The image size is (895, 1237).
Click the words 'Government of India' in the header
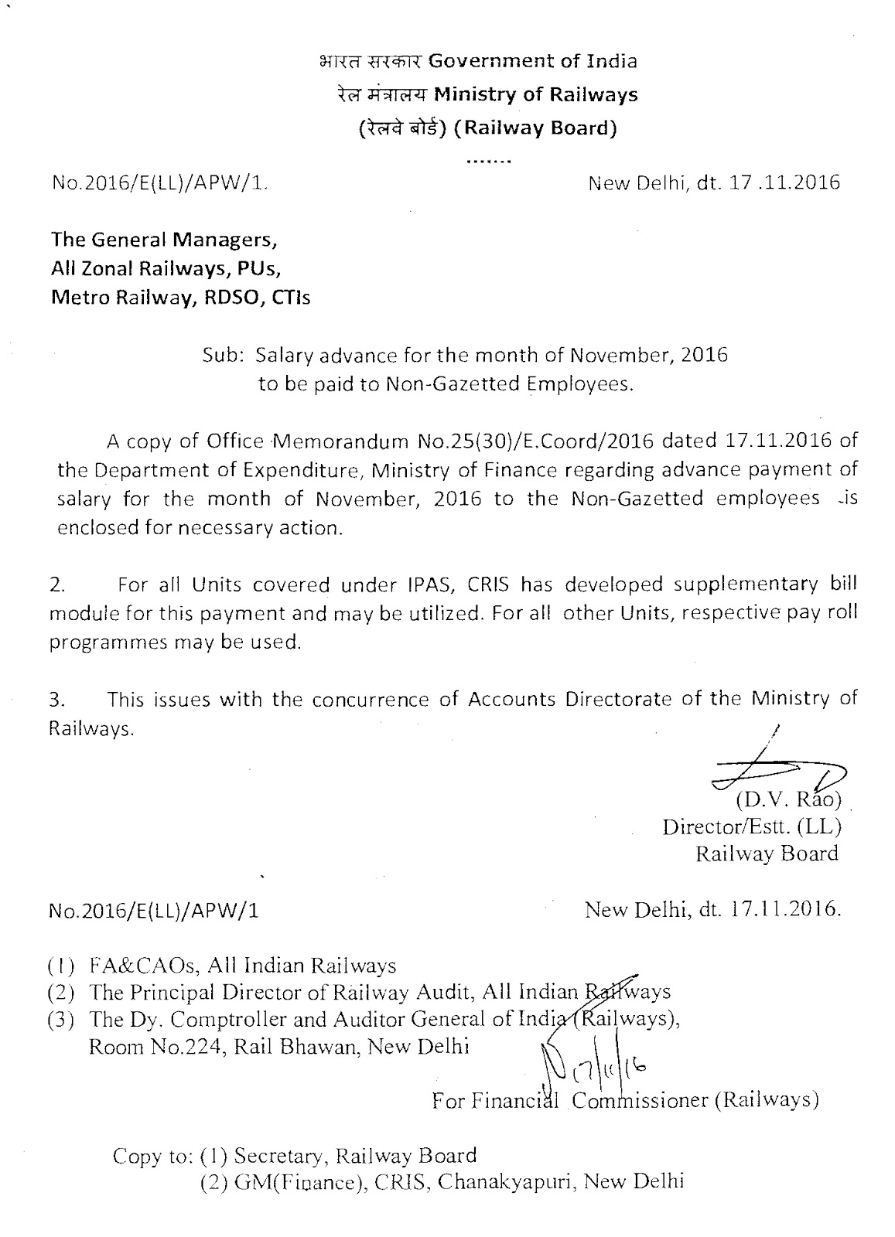click(x=533, y=60)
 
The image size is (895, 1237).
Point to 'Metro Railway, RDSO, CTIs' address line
click(x=180, y=298)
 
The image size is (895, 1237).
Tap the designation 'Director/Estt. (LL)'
click(x=751, y=826)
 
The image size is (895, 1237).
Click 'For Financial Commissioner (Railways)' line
click(x=625, y=1100)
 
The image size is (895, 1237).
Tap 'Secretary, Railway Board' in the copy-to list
click(x=355, y=1156)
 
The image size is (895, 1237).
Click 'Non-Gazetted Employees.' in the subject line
click(x=510, y=384)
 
